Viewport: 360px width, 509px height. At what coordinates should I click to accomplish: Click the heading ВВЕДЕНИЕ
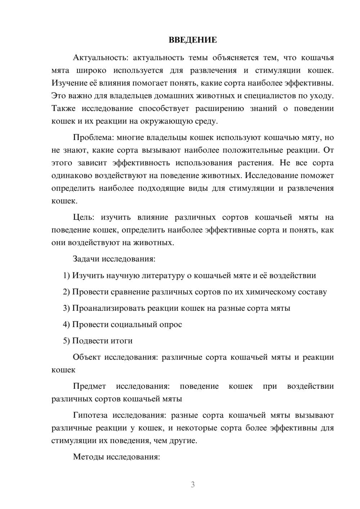(x=193, y=40)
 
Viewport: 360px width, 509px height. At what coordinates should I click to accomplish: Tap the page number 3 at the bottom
(x=193, y=485)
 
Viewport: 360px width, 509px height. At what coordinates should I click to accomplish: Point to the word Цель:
(x=84, y=217)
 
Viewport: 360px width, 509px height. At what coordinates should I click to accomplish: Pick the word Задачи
(x=86, y=259)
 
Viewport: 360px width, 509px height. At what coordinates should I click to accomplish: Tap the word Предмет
(x=89, y=387)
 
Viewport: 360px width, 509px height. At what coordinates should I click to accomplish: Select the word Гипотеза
(x=90, y=416)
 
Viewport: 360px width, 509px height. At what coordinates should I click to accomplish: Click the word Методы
(x=87, y=458)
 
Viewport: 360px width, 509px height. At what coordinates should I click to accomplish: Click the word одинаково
(x=72, y=176)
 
